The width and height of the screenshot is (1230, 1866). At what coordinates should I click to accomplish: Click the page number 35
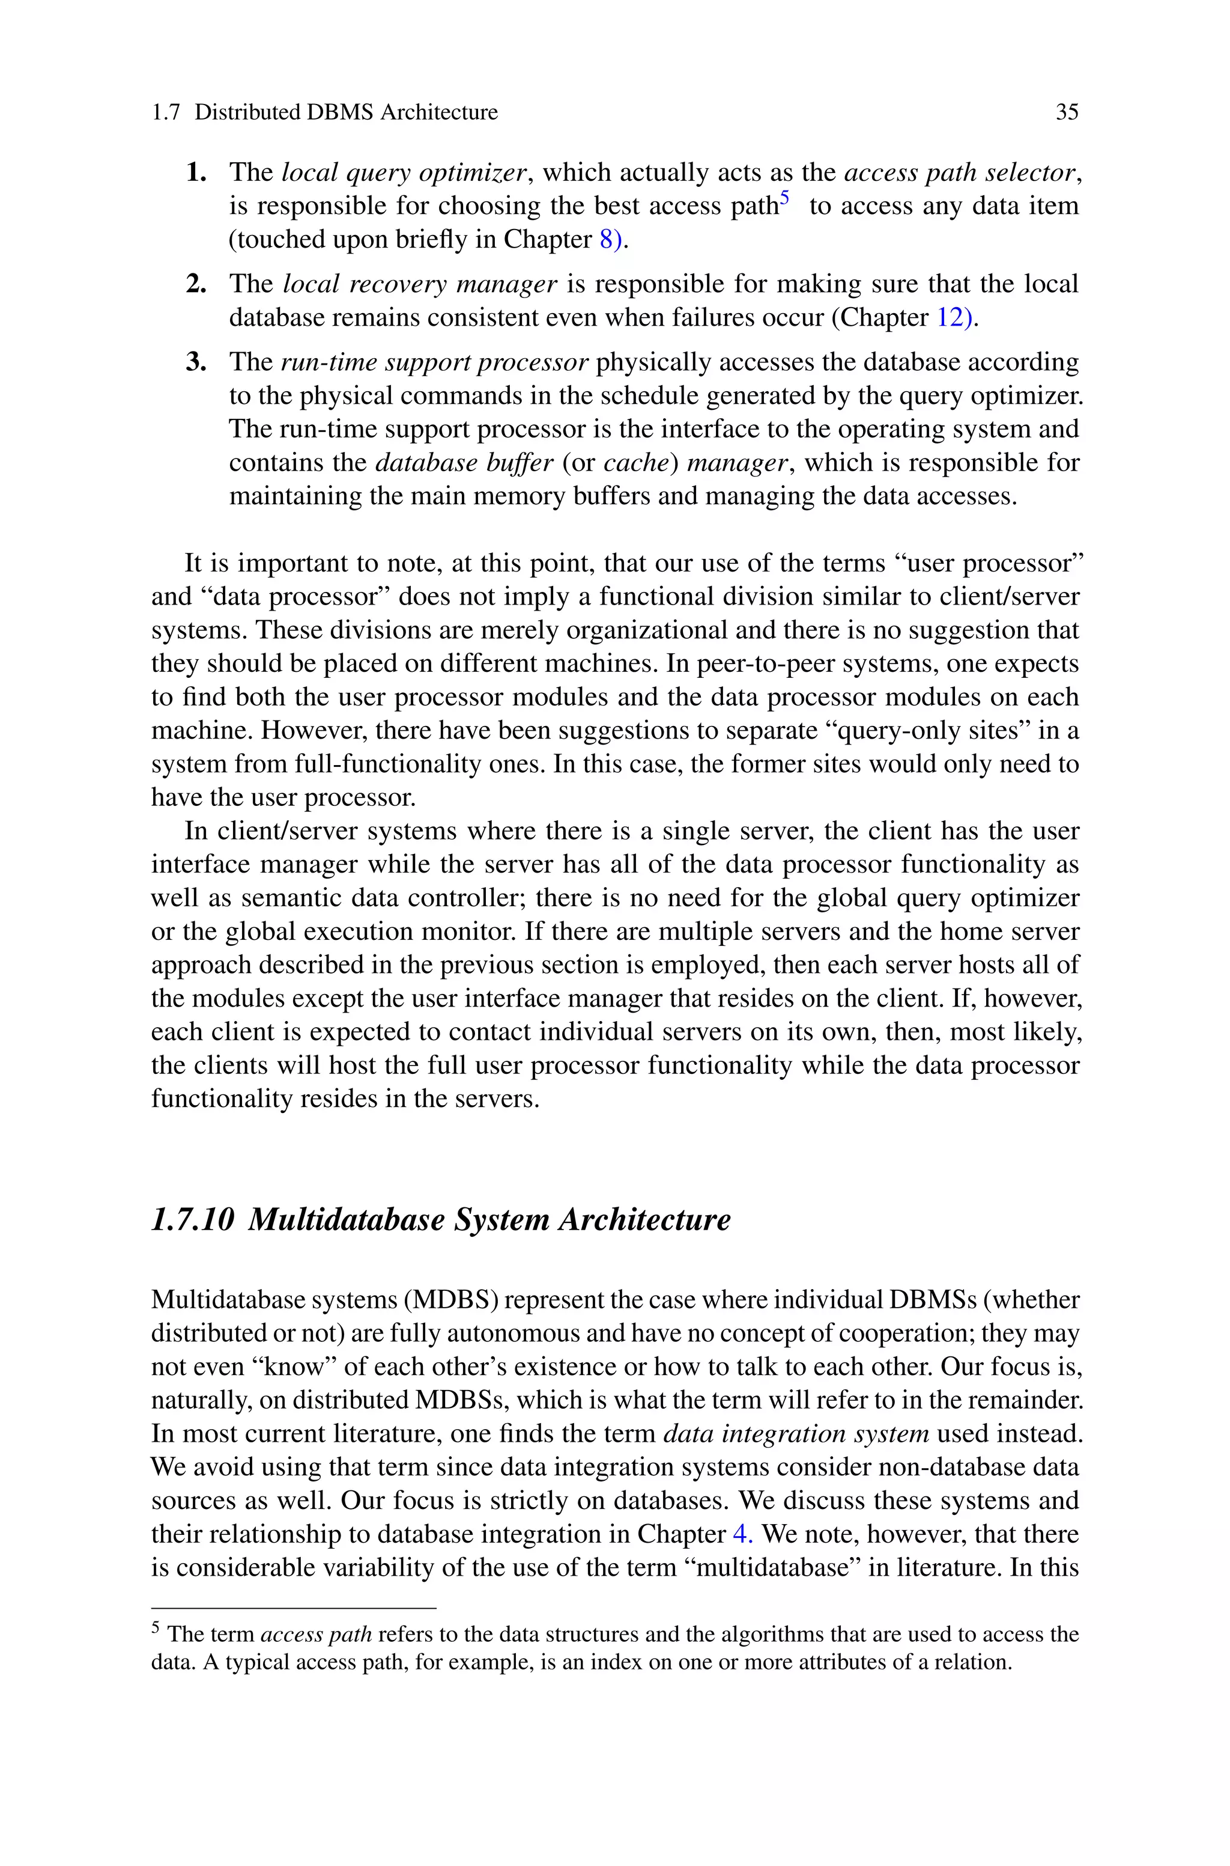point(1067,112)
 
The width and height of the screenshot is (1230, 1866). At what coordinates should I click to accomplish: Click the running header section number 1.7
point(166,112)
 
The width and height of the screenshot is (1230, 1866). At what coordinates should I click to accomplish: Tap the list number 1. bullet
point(196,172)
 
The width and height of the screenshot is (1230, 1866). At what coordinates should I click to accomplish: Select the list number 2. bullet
point(196,283)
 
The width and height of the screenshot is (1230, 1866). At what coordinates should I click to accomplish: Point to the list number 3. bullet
point(196,362)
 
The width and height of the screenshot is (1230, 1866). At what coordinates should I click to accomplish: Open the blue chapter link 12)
point(956,317)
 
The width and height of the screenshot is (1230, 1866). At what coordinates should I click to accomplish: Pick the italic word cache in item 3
point(635,462)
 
